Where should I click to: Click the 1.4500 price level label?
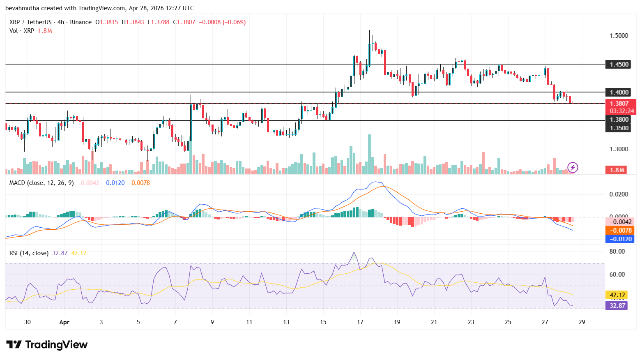(x=619, y=65)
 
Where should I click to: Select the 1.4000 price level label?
(x=619, y=92)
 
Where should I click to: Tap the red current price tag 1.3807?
(x=620, y=104)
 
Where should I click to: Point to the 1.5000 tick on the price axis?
(x=619, y=36)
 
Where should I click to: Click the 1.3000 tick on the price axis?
(x=619, y=149)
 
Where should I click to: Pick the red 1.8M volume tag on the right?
(x=617, y=170)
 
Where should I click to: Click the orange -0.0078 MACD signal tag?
(x=620, y=231)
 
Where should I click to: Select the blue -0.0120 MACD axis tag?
(x=620, y=239)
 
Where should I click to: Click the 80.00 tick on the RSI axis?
(x=617, y=252)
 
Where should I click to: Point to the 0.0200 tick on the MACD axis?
(x=619, y=194)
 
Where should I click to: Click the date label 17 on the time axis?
(x=360, y=322)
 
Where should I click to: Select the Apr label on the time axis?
(x=64, y=322)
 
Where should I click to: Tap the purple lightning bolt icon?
(x=573, y=167)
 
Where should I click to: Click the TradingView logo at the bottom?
(x=47, y=344)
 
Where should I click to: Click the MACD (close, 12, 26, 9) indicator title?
(x=41, y=183)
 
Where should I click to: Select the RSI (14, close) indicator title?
(x=29, y=253)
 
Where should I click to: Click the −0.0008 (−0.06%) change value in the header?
(x=222, y=22)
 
